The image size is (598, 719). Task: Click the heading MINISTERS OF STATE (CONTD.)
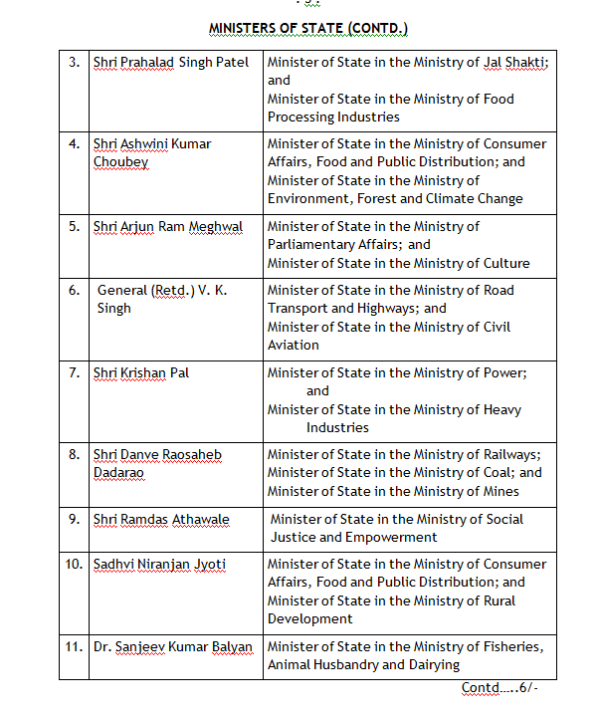coord(307,28)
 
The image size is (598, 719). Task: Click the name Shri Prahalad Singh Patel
coord(171,63)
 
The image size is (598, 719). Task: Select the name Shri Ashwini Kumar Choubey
coord(151,152)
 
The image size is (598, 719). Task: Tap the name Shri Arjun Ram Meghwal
coord(169,226)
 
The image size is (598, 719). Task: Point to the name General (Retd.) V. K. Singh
coord(161,299)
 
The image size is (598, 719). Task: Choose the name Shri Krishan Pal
coord(141,372)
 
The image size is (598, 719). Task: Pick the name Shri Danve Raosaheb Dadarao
coord(157,463)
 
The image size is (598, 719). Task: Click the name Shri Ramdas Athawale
coord(161,519)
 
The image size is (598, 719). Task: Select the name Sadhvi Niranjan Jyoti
coord(159,564)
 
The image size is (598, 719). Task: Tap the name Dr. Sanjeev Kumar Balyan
coord(173,646)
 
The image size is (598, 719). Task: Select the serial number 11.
coord(74,646)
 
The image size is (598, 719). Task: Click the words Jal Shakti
coord(511,63)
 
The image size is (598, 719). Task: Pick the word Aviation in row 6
coord(294,345)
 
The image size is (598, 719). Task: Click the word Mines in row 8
coord(499,491)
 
